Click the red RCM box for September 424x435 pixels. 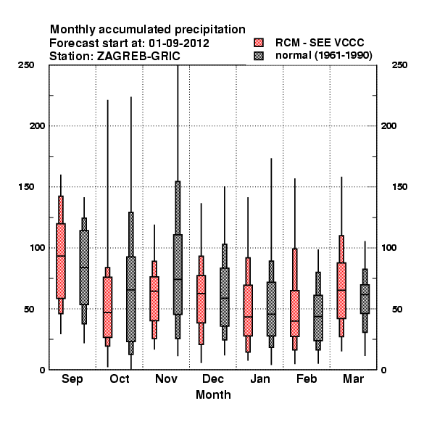coord(61,261)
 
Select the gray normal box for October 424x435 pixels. coord(131,299)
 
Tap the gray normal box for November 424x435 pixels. coord(178,274)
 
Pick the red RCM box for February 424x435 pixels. coord(295,313)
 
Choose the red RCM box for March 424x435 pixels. coord(341,291)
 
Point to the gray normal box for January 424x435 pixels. coord(271,309)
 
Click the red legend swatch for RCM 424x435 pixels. coord(259,43)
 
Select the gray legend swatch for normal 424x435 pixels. coord(259,56)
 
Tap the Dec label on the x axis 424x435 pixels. coord(213,378)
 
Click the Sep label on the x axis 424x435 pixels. coord(72,379)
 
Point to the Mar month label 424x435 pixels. coord(353,378)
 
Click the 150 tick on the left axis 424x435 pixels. coord(26,187)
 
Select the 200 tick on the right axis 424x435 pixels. coord(388,125)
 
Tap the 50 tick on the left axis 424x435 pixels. coord(29,309)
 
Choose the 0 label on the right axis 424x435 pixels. coord(383,370)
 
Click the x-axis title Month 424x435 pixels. coord(213,395)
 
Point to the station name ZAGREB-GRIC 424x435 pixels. coord(138,57)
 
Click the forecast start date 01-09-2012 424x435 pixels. coord(179,43)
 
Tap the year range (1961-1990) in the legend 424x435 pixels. coord(344,56)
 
